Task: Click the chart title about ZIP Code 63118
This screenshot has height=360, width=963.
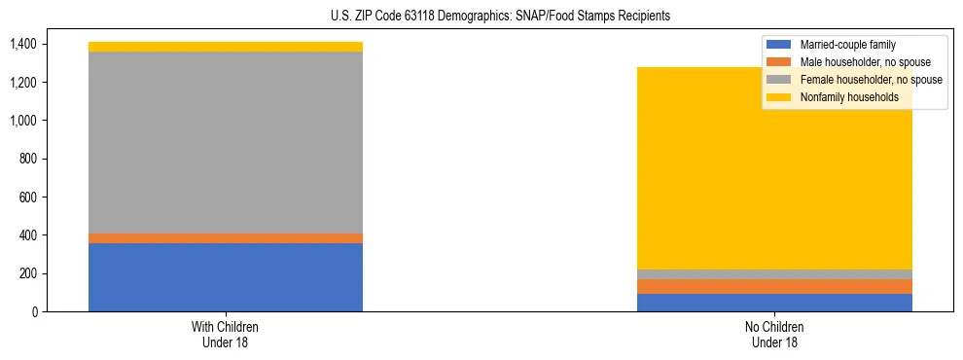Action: click(x=500, y=17)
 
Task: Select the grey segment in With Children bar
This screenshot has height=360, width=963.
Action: click(x=225, y=142)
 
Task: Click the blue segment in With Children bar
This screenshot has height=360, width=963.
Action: click(x=225, y=277)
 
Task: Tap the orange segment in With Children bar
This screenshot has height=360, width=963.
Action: click(x=225, y=238)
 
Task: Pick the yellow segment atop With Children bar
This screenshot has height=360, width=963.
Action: click(x=225, y=47)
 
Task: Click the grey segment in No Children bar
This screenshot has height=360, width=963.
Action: click(x=774, y=274)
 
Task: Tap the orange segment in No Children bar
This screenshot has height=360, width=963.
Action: click(x=774, y=286)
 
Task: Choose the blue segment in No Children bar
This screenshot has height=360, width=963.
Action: click(x=774, y=303)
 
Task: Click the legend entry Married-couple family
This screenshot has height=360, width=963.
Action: click(x=847, y=45)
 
